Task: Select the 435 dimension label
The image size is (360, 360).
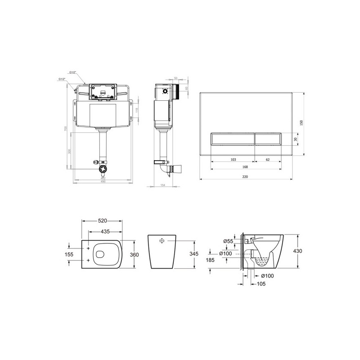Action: (x=105, y=231)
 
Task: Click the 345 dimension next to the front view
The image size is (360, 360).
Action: (x=193, y=254)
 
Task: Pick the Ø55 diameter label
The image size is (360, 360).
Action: (x=228, y=242)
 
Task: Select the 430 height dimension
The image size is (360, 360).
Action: (x=297, y=251)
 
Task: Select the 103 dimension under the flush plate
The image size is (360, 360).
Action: (x=233, y=159)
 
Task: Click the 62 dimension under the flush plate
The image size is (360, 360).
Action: (x=268, y=159)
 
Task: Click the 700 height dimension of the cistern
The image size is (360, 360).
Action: (x=66, y=129)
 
